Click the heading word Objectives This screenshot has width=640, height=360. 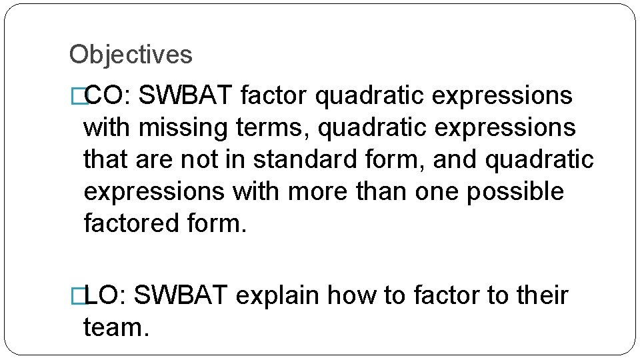(131, 55)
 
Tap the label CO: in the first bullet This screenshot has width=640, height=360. (111, 96)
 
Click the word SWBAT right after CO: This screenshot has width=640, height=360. (189, 96)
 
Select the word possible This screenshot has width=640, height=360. (515, 192)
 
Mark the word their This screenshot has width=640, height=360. (543, 295)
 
